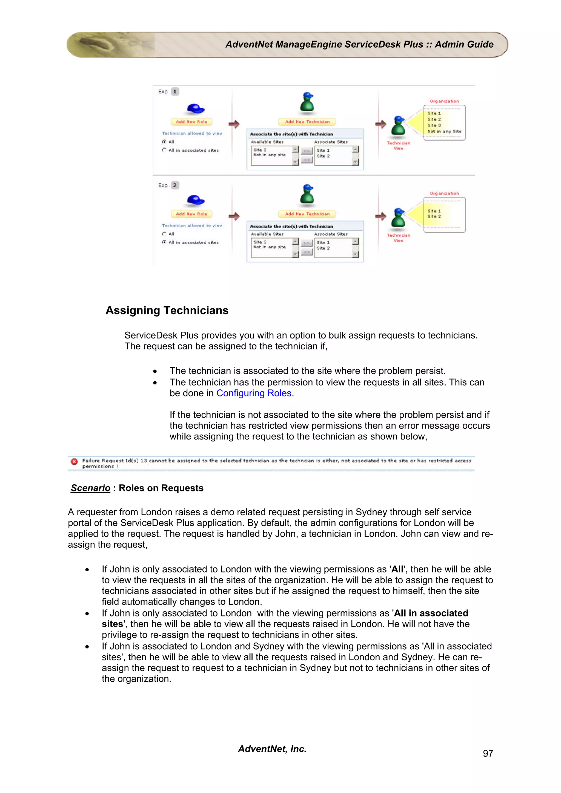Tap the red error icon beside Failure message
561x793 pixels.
click(x=74, y=461)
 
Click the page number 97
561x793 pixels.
click(x=488, y=753)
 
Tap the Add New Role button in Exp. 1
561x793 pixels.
click(x=191, y=121)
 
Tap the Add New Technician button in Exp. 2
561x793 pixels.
click(x=307, y=214)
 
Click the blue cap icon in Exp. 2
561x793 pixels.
click(x=195, y=200)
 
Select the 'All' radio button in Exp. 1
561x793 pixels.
click(x=164, y=142)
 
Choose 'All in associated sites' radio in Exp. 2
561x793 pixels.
click(x=164, y=242)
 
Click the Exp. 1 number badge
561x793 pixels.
click(x=175, y=91)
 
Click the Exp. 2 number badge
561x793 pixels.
click(x=175, y=186)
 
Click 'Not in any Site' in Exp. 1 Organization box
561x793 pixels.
click(x=444, y=132)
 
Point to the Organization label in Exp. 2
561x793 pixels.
click(x=444, y=193)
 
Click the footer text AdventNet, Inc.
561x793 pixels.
click(x=272, y=749)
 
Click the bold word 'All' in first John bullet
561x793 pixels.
click(x=397, y=569)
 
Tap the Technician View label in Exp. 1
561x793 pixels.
click(x=398, y=145)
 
